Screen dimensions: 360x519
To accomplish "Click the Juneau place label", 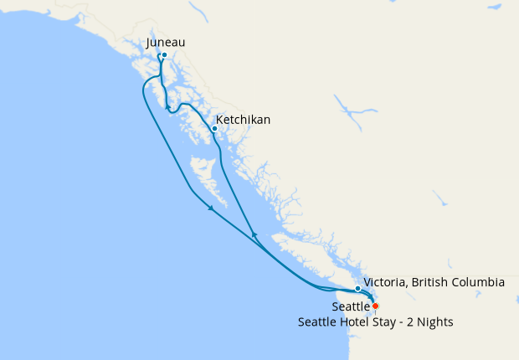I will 165,42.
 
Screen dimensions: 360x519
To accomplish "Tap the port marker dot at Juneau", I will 164,55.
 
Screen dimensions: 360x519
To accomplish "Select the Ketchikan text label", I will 243,120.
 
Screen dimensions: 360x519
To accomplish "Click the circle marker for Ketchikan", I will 215,128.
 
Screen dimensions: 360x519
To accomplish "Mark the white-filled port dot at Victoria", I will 357,289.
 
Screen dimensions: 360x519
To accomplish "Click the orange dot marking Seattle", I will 375,306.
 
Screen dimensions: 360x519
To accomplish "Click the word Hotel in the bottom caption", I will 363,322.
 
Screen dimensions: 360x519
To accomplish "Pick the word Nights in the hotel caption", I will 435,322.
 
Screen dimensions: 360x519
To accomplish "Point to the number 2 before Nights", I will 413,322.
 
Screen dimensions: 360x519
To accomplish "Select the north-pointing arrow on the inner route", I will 254,234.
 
